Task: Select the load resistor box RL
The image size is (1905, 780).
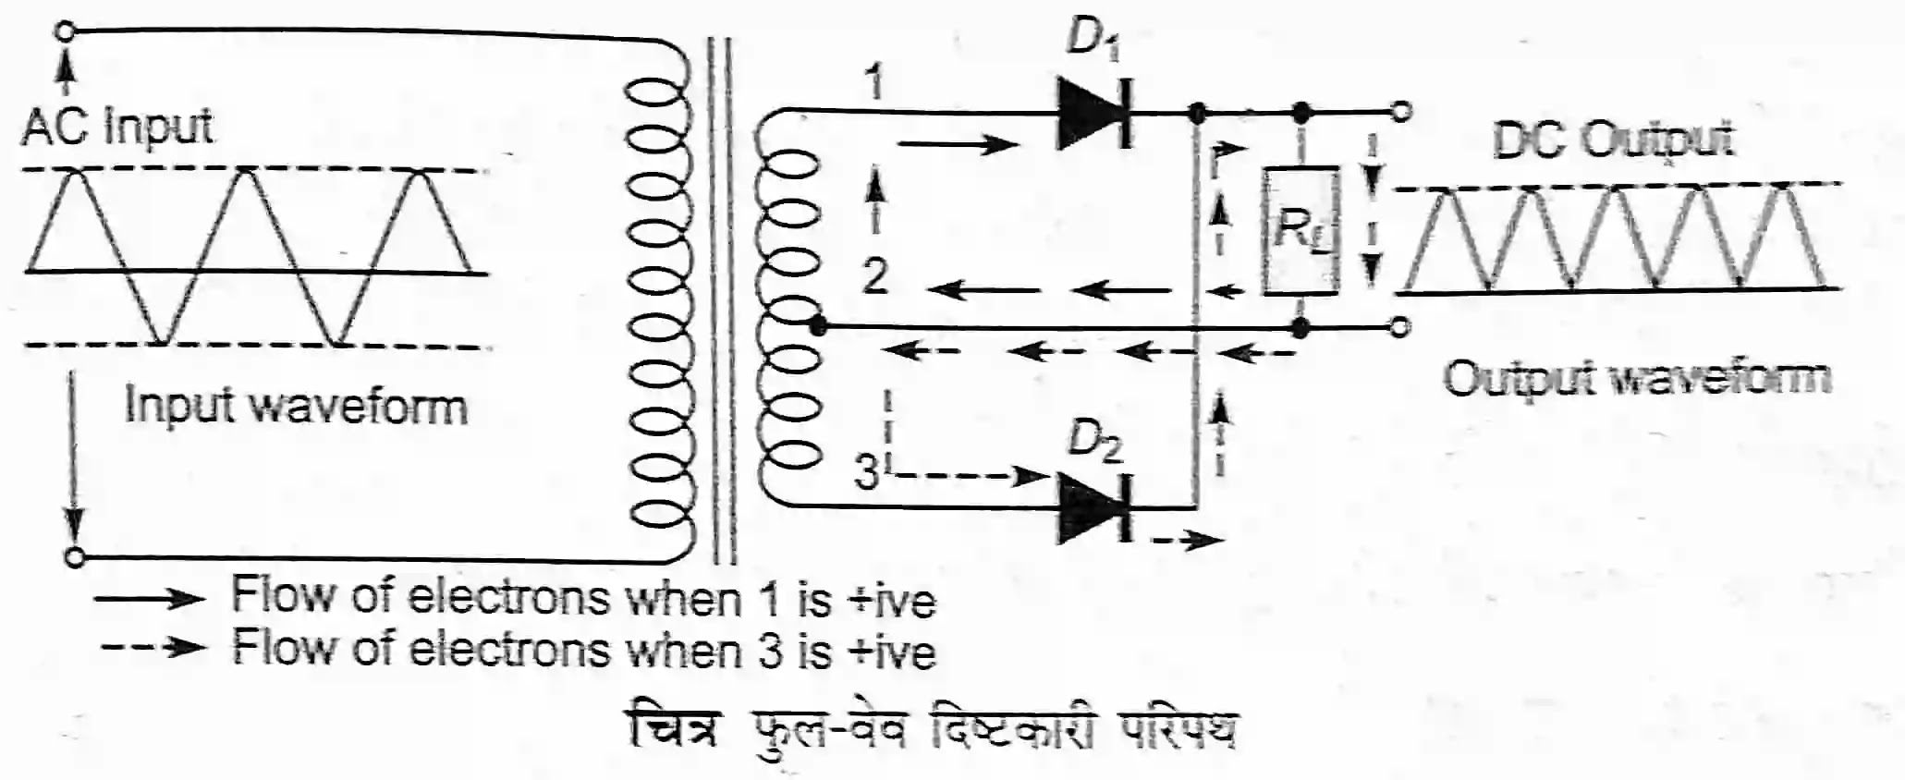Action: [1301, 231]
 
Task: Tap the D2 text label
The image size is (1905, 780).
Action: [1094, 441]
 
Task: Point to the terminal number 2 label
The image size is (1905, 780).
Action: [874, 275]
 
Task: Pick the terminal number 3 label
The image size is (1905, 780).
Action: [867, 473]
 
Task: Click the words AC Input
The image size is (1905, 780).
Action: [117, 127]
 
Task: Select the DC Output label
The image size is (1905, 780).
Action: [1613, 140]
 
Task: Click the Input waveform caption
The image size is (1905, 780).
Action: [296, 407]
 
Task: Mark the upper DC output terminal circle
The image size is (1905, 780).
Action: [1401, 113]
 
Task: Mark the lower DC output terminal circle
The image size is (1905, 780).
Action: [1401, 326]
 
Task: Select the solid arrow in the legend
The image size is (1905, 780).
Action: [150, 599]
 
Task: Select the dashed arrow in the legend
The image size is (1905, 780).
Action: [153, 647]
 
